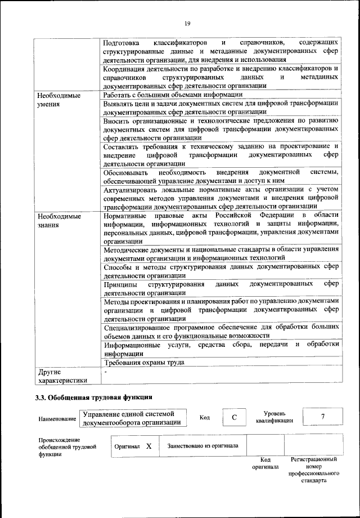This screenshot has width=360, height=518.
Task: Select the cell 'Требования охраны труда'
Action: tap(145, 363)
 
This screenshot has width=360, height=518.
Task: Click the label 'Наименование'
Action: tap(57, 419)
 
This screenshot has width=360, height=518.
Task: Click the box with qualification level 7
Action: tap(322, 417)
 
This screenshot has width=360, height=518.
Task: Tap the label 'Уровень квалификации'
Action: tap(274, 417)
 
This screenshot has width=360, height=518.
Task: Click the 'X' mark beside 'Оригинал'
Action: tap(148, 446)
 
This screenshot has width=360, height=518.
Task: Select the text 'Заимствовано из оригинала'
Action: tap(202, 446)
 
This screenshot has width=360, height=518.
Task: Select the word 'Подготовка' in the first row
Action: tap(124, 43)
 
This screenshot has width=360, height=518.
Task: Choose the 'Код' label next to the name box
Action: tap(205, 417)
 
